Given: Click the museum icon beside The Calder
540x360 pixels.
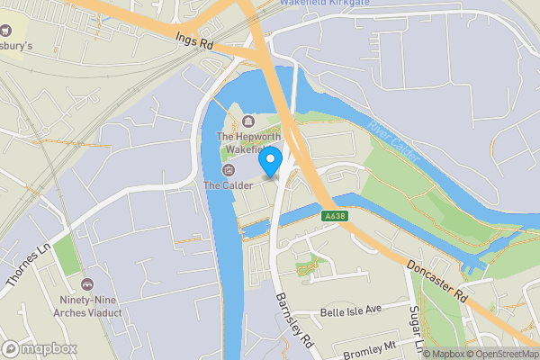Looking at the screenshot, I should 227,170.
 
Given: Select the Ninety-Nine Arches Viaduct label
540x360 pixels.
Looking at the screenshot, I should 85,310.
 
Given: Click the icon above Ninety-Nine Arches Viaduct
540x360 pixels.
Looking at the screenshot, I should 86,285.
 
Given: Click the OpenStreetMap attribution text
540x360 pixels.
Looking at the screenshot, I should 499,354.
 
